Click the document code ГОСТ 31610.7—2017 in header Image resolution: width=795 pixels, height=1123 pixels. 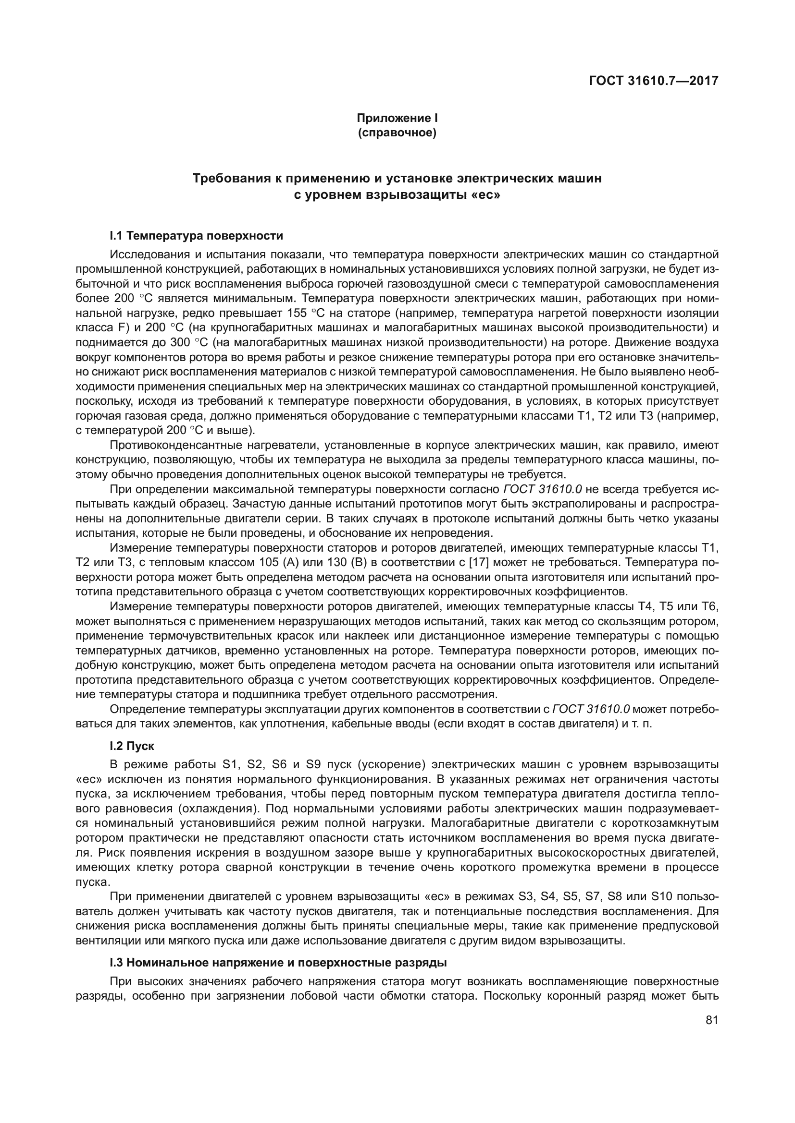point(654,81)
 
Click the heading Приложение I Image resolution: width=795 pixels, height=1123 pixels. point(397,118)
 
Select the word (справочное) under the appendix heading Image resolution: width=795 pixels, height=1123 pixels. point(397,133)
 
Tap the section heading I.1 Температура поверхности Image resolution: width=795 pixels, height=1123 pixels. point(196,236)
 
